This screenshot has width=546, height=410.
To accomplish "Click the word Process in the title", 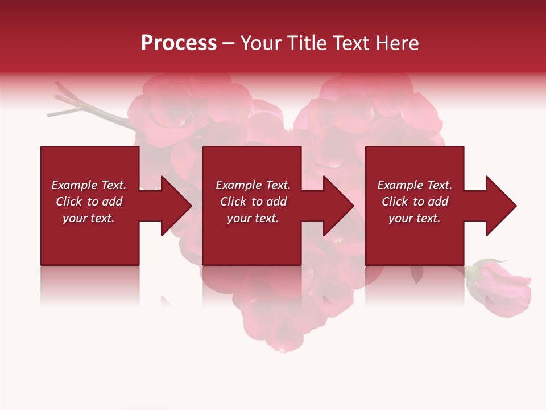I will coord(179,43).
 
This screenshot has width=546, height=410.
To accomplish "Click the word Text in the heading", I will coord(351,43).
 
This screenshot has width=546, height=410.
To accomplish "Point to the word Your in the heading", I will coord(260,43).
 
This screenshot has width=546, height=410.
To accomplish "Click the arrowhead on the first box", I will coord(174,206).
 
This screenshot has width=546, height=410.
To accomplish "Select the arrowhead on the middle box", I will coord(336,206).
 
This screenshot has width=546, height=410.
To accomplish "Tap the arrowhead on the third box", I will coord(499,206).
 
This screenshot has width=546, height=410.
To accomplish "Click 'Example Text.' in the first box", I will coord(89,185).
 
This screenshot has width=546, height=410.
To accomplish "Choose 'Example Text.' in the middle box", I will coord(253,185).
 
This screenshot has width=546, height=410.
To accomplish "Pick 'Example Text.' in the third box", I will coord(415,185).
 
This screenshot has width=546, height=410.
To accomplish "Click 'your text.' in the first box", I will coord(89,218).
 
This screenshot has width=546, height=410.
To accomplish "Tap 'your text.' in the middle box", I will coord(253,218).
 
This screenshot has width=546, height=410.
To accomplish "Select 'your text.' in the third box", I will coord(415,218).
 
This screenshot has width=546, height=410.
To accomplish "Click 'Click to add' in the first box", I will coord(89,202).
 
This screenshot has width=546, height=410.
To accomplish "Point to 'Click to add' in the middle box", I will coord(253,202).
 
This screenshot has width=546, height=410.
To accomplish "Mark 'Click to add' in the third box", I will coord(415,202).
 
